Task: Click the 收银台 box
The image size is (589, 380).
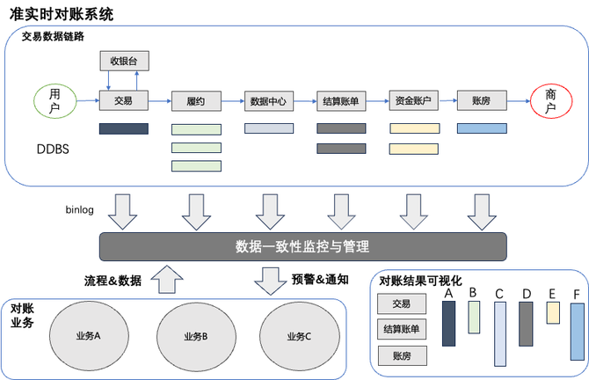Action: tap(124, 62)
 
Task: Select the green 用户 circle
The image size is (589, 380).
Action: tap(55, 101)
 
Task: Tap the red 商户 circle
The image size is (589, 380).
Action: tap(551, 101)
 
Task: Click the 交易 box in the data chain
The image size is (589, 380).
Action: tap(124, 101)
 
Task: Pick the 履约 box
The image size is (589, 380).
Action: tap(196, 101)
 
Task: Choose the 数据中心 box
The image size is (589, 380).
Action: tap(267, 101)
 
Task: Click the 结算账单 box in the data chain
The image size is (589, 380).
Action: tap(340, 101)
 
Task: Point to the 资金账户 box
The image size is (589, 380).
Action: tap(413, 101)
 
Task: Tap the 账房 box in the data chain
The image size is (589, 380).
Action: tap(482, 101)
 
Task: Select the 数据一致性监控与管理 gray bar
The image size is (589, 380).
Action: tap(302, 246)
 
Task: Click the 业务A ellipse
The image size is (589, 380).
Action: tap(88, 336)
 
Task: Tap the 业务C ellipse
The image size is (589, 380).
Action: tap(300, 336)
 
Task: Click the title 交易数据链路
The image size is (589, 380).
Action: tap(53, 37)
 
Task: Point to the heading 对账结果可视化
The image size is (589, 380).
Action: tap(420, 281)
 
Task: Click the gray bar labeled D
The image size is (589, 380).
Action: tap(526, 324)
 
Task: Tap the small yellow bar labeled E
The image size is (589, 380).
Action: tap(553, 311)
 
